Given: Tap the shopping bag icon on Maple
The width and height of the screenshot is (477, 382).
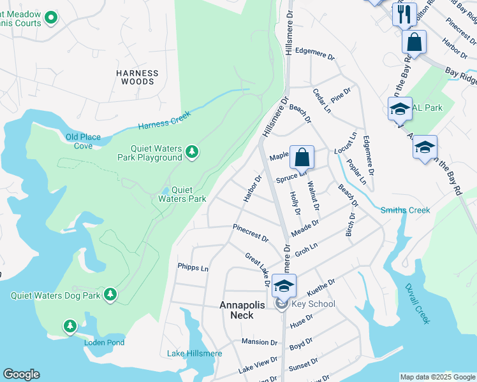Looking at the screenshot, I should click(302, 157).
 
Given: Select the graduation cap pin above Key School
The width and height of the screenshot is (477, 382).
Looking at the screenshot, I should click(284, 285).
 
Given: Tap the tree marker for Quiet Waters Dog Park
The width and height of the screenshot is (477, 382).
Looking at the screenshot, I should click(111, 294).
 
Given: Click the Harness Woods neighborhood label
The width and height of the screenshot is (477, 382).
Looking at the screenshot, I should click(135, 78).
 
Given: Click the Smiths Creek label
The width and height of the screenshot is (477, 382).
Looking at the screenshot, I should click(405, 210).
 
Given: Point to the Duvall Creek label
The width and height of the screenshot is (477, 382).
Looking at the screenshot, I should click(422, 306).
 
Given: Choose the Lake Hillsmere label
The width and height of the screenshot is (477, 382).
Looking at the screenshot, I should click(194, 354).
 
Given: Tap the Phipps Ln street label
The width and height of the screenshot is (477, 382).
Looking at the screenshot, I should click(193, 269).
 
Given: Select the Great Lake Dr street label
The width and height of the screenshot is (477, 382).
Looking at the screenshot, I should click(258, 265).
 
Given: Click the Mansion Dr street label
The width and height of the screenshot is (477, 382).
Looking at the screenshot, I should click(260, 342).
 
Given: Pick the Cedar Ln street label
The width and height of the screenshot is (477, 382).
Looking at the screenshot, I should click(321, 101).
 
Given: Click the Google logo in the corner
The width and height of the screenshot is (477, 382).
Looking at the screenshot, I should click(22, 374).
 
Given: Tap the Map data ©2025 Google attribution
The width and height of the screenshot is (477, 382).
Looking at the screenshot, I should click(437, 377).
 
